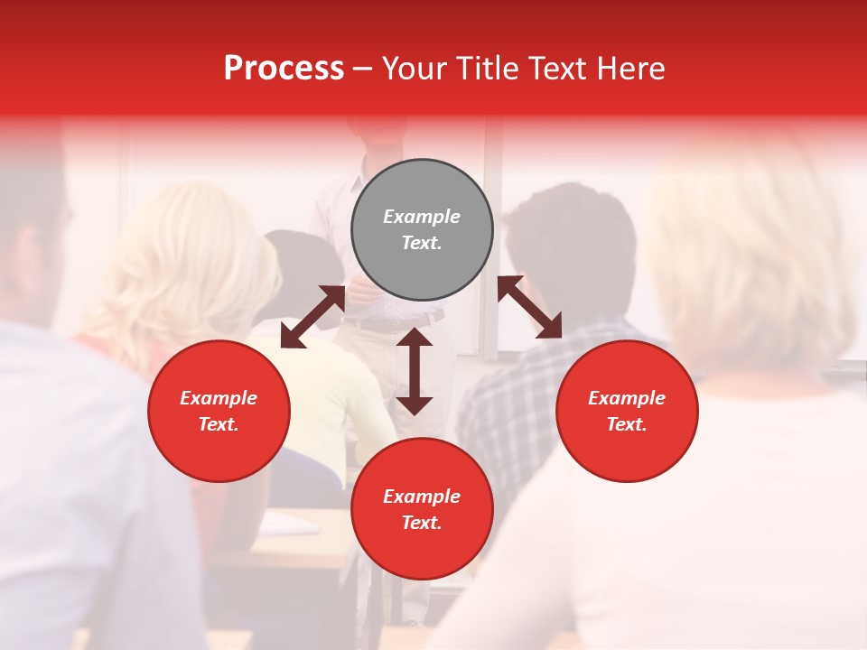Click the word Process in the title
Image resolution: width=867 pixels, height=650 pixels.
point(284,69)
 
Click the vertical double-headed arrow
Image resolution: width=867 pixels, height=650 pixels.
point(415,371)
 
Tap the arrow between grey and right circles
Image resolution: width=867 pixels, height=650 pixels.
point(530,307)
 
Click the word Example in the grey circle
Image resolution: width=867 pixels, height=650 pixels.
point(422,217)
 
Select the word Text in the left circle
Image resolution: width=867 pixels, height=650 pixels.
point(219,424)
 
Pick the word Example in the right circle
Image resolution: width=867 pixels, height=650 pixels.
point(627,398)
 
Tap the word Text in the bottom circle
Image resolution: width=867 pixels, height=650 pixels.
point(422,523)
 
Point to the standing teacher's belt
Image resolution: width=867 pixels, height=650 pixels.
point(388,323)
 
